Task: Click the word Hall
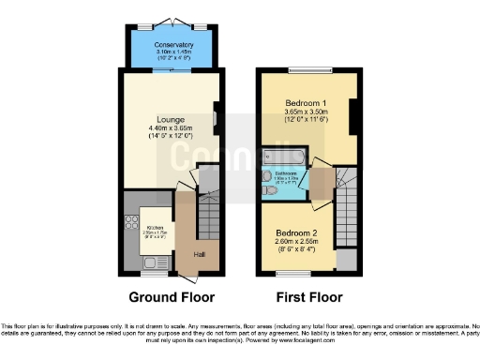[x=200, y=254]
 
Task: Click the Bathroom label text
[x=287, y=175]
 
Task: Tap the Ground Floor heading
[x=171, y=297]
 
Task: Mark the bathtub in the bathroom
[x=278, y=155]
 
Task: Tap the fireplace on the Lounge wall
[x=217, y=117]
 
